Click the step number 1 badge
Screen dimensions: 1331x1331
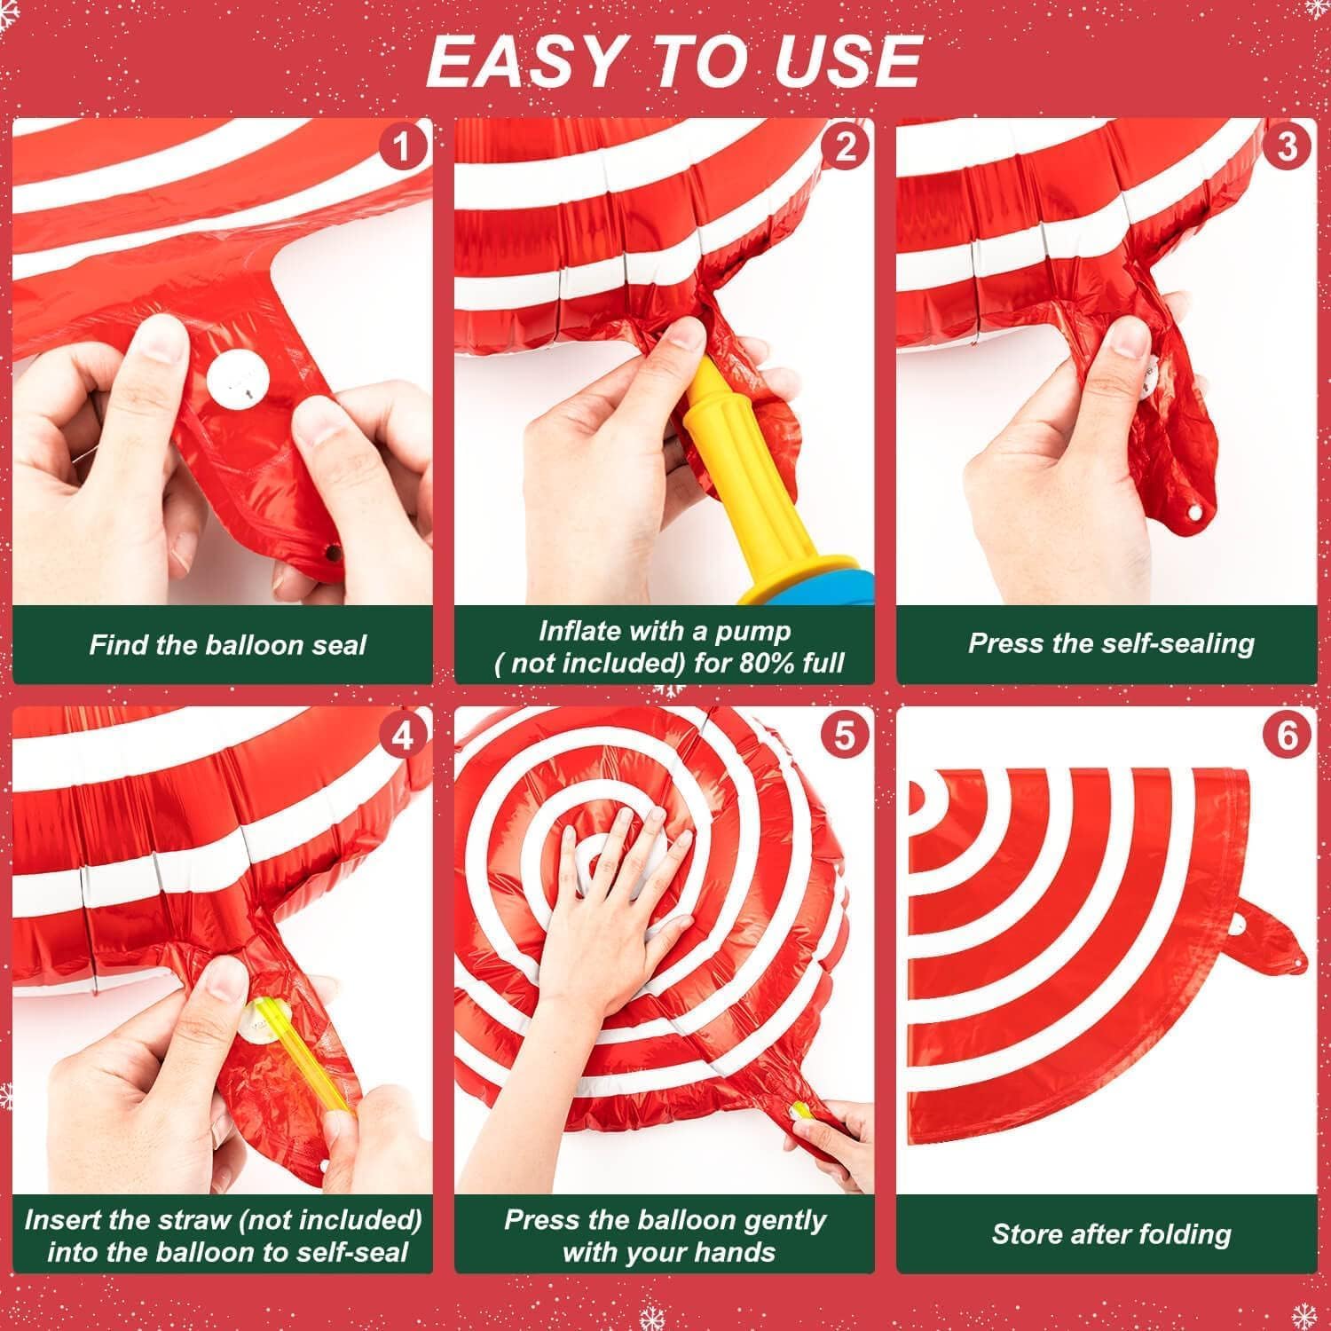402,146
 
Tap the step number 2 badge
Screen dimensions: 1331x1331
845,146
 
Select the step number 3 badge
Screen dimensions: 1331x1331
1287,146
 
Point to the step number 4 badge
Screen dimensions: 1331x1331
402,736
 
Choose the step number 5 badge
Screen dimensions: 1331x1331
845,736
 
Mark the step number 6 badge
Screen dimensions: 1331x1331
1287,736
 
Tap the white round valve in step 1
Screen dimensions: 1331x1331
239,380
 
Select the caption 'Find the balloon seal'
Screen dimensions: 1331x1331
227,645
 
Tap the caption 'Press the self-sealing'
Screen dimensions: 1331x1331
1111,643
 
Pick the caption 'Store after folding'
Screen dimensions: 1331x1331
1111,1233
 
